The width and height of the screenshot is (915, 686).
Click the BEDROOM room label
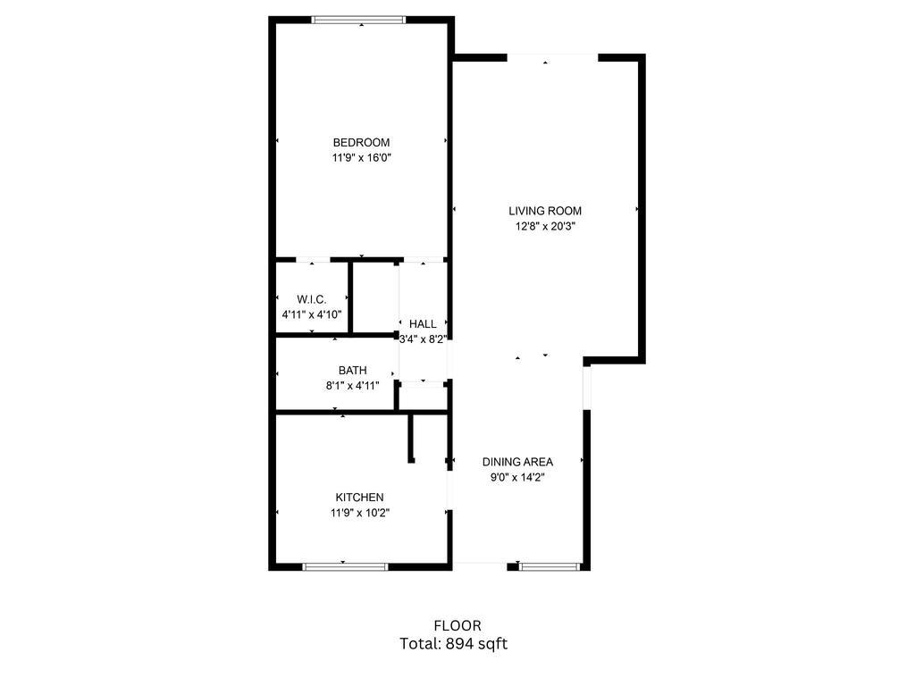click(x=361, y=143)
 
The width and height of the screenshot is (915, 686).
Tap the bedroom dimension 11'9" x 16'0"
click(x=361, y=158)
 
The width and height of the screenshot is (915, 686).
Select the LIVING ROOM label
click(x=545, y=212)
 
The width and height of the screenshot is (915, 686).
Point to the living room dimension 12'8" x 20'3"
click(x=545, y=227)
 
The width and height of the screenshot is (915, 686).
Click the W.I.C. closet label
click(x=311, y=299)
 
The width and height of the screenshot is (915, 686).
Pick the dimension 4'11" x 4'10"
click(x=311, y=314)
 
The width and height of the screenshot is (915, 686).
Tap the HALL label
click(x=423, y=324)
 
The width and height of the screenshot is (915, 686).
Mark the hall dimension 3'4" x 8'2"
click(x=423, y=339)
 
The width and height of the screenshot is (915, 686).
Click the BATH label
click(x=352, y=371)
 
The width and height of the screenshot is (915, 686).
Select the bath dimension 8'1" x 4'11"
click(x=352, y=386)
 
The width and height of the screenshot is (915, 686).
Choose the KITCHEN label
click(x=360, y=498)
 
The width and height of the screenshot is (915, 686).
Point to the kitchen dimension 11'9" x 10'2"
click(x=360, y=513)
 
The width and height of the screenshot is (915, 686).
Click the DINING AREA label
click(x=517, y=463)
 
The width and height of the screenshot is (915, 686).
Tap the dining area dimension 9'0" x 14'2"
click(x=517, y=478)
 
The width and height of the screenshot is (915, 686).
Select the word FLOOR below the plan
click(x=457, y=626)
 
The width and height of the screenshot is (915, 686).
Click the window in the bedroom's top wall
click(x=359, y=20)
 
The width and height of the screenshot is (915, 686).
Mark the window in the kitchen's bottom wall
click(x=345, y=566)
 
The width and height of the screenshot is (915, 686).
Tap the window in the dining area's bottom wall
click(x=550, y=566)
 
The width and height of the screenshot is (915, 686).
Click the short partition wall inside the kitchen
click(x=412, y=439)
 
